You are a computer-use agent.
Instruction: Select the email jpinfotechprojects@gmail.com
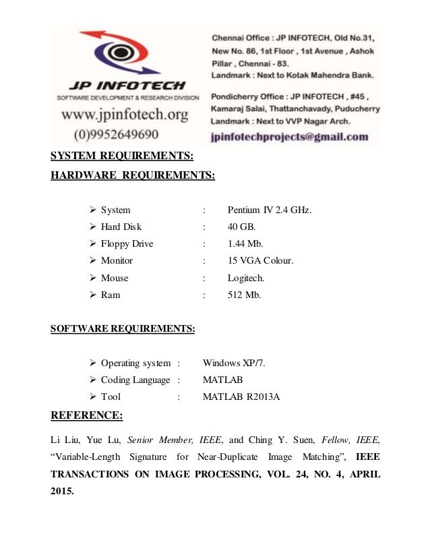click(x=289, y=136)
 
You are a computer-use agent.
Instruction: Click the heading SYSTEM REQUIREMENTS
click(x=122, y=157)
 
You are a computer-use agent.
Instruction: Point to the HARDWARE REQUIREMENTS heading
click(x=133, y=176)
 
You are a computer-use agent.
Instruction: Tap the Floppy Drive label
click(x=127, y=243)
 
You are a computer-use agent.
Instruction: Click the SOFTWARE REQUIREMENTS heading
click(x=123, y=329)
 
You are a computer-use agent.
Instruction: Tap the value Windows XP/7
click(x=234, y=363)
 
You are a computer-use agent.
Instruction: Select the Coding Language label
click(x=135, y=380)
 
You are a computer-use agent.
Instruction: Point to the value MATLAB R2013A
click(x=241, y=397)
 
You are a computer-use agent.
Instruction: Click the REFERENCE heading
click(x=87, y=415)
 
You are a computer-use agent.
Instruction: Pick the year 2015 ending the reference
click(x=63, y=491)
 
